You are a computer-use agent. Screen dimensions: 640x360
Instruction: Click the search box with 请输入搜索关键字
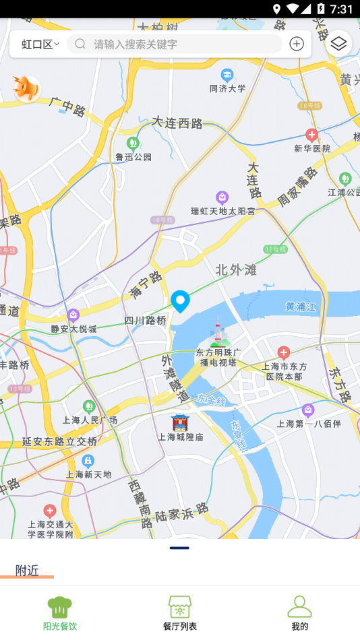click(x=175, y=44)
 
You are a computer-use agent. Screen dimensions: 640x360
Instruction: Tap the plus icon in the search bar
click(x=297, y=44)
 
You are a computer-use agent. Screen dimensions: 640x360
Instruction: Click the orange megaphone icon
click(x=27, y=88)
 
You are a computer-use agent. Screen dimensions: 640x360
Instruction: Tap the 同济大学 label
click(x=227, y=88)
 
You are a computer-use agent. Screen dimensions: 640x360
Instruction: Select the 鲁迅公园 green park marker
click(x=133, y=143)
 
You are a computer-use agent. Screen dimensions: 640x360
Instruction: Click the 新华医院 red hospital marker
click(x=311, y=135)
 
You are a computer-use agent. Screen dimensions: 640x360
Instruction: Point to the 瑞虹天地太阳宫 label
click(x=222, y=211)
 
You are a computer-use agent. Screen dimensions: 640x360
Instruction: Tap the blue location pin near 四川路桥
click(x=180, y=300)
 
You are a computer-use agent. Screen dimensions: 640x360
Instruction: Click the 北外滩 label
click(x=236, y=270)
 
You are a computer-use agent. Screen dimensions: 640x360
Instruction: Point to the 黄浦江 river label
click(x=300, y=307)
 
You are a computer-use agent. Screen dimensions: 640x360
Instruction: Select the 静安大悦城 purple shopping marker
click(x=73, y=315)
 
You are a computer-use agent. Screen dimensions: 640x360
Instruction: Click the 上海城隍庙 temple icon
click(x=180, y=422)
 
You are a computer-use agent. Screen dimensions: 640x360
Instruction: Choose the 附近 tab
click(x=27, y=571)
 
